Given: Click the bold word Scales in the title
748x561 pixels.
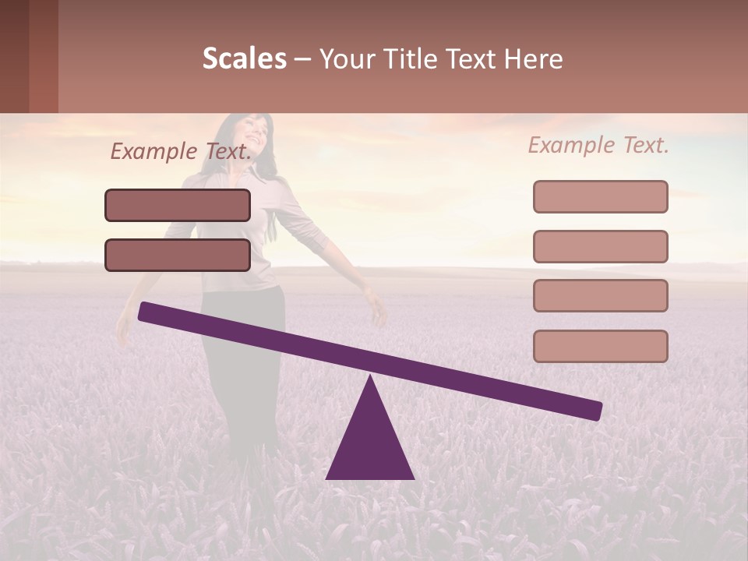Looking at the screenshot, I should tap(245, 58).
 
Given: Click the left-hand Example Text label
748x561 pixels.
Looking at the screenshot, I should tap(181, 151).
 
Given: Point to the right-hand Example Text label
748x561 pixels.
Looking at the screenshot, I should tap(598, 145).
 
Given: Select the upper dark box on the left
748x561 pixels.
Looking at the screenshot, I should tap(178, 205).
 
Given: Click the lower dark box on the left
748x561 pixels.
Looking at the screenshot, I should tap(178, 255).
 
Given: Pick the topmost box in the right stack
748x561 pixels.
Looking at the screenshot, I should tap(600, 196).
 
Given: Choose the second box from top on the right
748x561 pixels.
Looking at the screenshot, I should tap(600, 246).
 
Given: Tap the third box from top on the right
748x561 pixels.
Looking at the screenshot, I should tap(600, 296).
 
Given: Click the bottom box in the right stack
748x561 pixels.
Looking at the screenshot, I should tap(600, 346).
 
